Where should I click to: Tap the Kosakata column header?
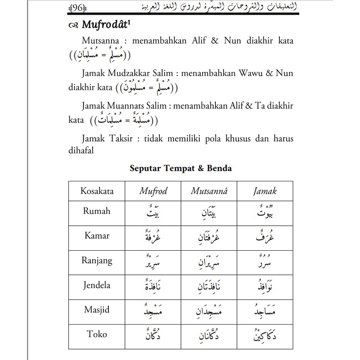click(97, 191)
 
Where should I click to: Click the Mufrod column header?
click(153, 191)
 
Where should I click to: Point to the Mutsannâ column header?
click(209, 191)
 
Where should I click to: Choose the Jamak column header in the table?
click(265, 191)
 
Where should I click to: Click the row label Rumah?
click(97, 211)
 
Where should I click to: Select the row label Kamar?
click(97, 236)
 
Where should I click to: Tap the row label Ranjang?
click(97, 260)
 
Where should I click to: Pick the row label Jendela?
click(97, 285)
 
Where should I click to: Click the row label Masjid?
click(97, 309)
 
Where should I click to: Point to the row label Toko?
click(97, 334)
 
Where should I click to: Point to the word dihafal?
click(81, 151)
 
